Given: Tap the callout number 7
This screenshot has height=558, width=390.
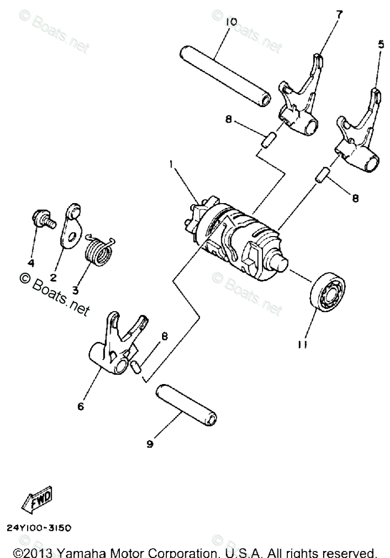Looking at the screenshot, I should [339, 15].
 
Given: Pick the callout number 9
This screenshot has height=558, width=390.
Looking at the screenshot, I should [150, 444].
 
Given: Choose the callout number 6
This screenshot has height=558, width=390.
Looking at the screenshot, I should [80, 407].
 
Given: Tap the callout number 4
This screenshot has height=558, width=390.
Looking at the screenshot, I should [31, 264].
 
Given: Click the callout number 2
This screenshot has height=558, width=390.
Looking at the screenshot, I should [53, 278].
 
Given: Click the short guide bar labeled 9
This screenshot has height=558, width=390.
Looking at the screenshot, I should [186, 406].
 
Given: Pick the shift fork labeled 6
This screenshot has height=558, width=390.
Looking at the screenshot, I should [120, 346].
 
